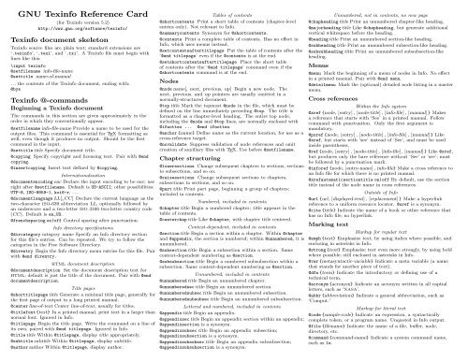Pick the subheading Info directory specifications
click(78, 245)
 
